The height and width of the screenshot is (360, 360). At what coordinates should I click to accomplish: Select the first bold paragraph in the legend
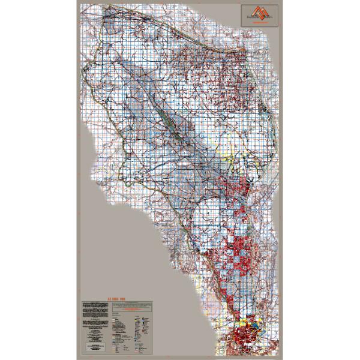click(x=96, y=307)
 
